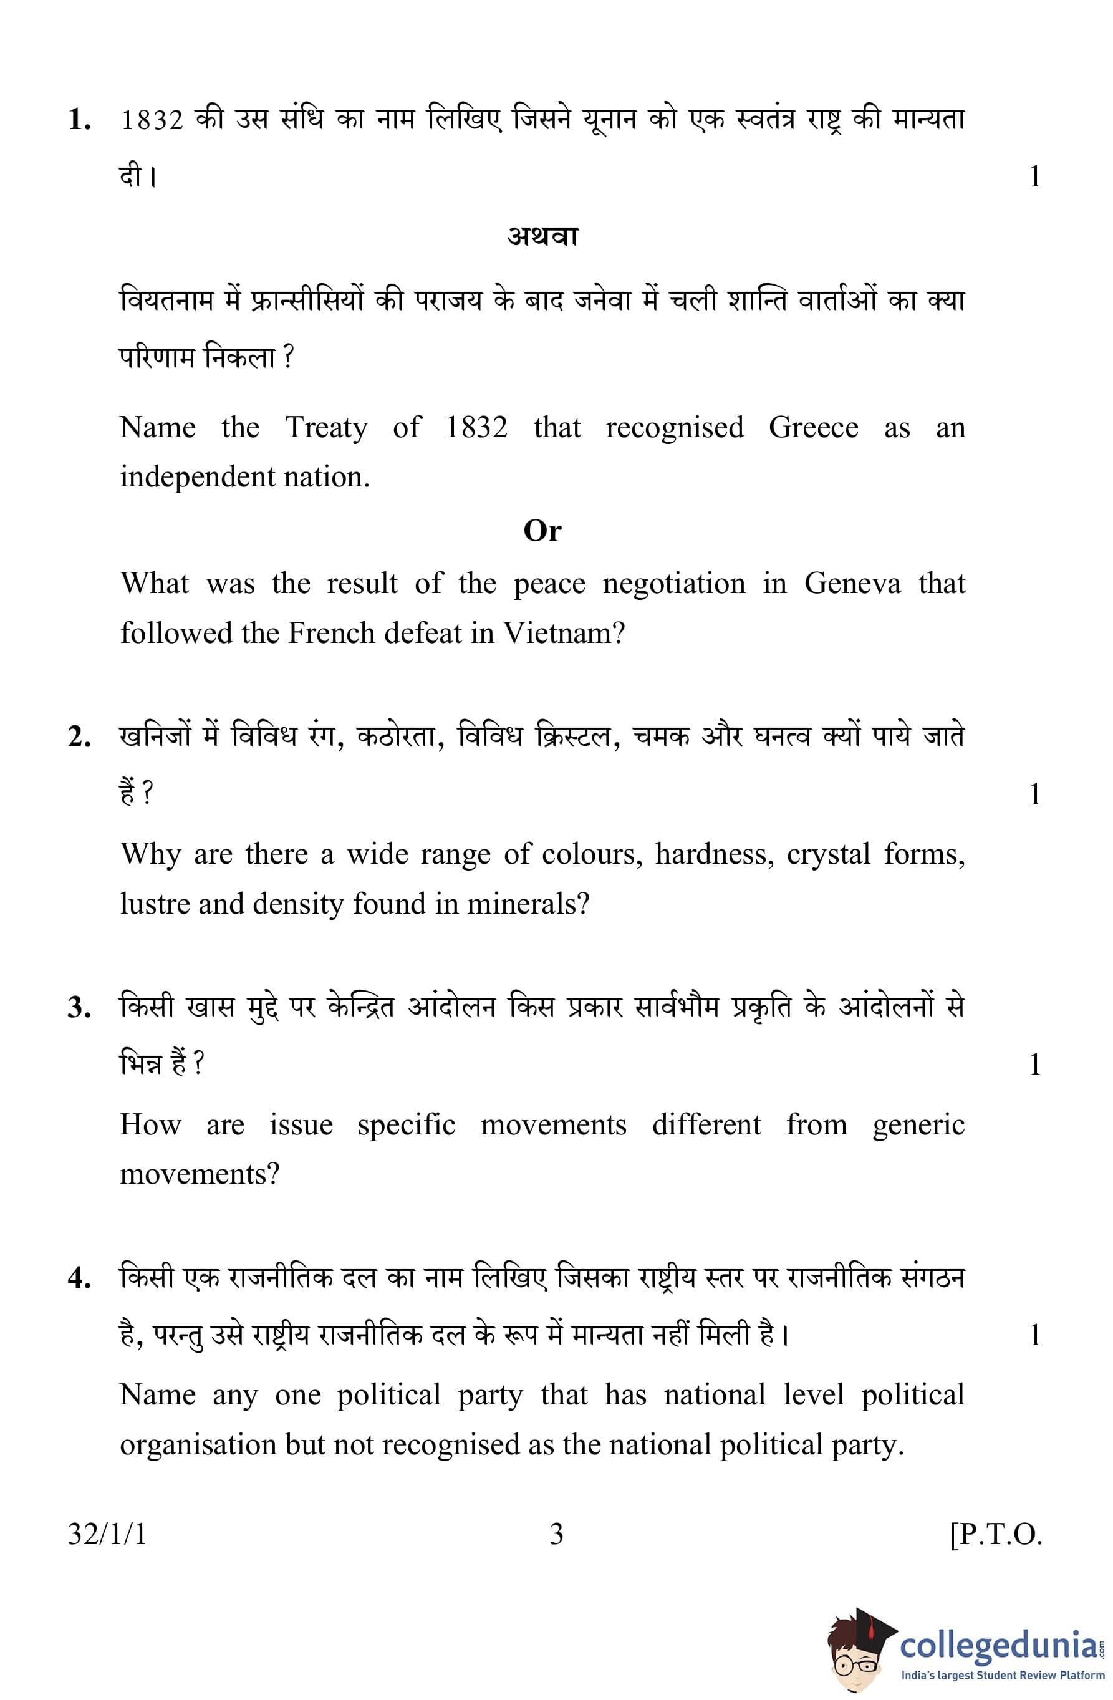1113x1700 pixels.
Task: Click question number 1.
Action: coord(79,120)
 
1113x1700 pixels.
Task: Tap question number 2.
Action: coord(79,737)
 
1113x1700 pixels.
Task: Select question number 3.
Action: coord(79,1008)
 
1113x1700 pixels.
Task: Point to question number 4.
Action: coord(79,1278)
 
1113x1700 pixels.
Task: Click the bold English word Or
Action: coord(542,531)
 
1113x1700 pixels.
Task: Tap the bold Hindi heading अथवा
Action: coord(542,236)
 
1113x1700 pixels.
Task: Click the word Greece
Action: coord(813,428)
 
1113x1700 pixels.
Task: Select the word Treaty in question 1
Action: coord(327,428)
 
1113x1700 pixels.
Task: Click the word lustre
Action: coord(153,904)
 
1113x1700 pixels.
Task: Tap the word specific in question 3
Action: coord(406,1125)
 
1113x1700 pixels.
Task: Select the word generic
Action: coord(918,1125)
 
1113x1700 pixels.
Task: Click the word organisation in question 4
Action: coord(196,1445)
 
